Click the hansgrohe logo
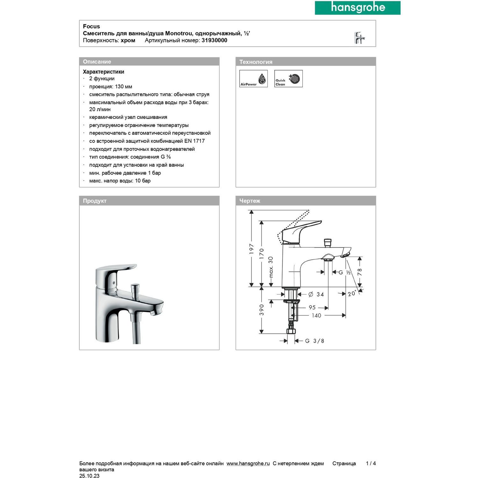coord(358,8)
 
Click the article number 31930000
coord(214,40)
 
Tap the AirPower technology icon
coord(253,79)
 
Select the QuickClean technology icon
coord(288,79)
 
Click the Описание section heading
coord(97,62)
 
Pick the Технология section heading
coord(256,62)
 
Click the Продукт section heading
coord(95,201)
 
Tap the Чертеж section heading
coord(250,201)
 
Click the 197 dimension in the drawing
coord(252,249)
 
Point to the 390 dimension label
coord(262,309)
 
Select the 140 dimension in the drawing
coord(316,315)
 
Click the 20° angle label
coord(351,293)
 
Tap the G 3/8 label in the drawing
coord(315,341)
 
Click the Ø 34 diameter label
coord(316,294)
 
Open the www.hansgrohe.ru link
coord(248,463)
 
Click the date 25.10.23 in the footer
coord(89,476)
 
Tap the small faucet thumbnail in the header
coord(359,38)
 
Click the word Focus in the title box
coord(91,26)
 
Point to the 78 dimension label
coord(360,272)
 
